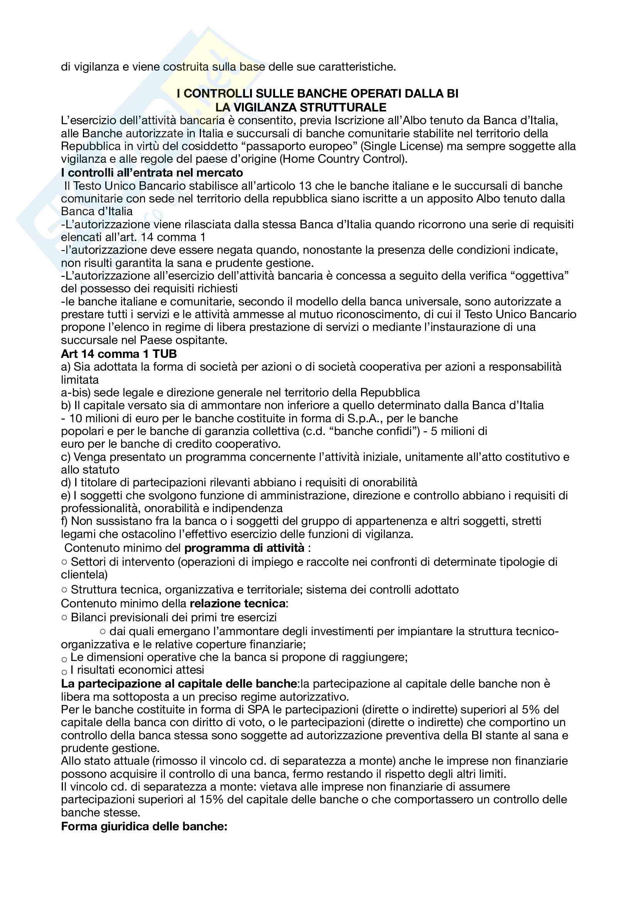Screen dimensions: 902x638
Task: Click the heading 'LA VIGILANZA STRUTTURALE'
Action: click(300, 107)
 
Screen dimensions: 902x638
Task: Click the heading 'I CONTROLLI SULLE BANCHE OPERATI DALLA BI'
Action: click(317, 93)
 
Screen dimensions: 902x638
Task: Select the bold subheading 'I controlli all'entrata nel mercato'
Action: click(152, 173)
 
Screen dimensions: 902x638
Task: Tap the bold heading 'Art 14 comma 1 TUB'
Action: click(119, 354)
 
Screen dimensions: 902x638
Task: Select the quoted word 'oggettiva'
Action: click(539, 276)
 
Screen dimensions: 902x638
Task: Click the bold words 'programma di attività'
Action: click(244, 548)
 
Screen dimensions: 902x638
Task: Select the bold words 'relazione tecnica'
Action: click(237, 604)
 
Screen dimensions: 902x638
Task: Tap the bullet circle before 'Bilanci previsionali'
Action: click(64, 618)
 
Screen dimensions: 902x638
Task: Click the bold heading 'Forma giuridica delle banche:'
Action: click(144, 826)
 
